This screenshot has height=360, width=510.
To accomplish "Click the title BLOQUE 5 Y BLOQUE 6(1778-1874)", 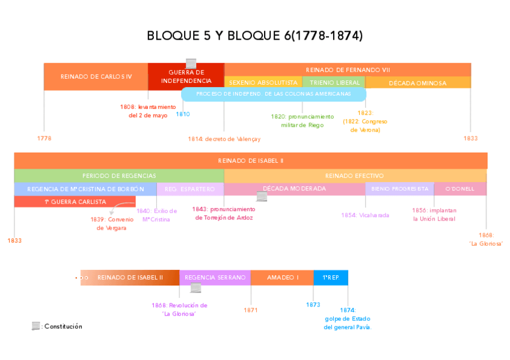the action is coord(254,36).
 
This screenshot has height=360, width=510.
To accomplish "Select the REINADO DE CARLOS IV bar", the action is coord(96,76).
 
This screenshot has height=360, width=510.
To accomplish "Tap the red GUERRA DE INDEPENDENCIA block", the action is coord(186,77).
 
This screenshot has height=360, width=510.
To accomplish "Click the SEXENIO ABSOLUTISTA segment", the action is coord(263,82).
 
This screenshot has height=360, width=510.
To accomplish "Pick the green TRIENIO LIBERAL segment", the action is coord(334,82).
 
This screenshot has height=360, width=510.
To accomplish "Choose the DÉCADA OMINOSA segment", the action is coord(417,83).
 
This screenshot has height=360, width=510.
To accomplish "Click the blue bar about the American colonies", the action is coord(274,94).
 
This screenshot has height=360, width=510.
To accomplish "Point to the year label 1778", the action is coord(44,138).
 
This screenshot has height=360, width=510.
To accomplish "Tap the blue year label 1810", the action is coord(183,114).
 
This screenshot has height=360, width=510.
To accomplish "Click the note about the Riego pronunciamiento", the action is coord(302,121).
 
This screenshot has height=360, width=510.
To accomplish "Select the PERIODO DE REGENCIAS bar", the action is coord(119,175).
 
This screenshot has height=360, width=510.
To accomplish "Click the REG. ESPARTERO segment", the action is coord(189,189).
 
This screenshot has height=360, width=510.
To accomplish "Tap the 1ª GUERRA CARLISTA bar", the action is coord(75,202).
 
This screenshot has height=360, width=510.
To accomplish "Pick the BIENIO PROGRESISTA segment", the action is coord(400,189).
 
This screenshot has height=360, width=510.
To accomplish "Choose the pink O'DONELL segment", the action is coord(460,189).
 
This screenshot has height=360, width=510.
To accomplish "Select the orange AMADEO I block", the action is coord(282,278).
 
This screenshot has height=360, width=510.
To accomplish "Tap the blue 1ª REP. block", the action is coord(331,278).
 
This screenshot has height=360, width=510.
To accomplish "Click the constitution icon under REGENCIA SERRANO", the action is coord(195,288).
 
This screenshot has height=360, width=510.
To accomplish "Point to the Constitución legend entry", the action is coord(57,326).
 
